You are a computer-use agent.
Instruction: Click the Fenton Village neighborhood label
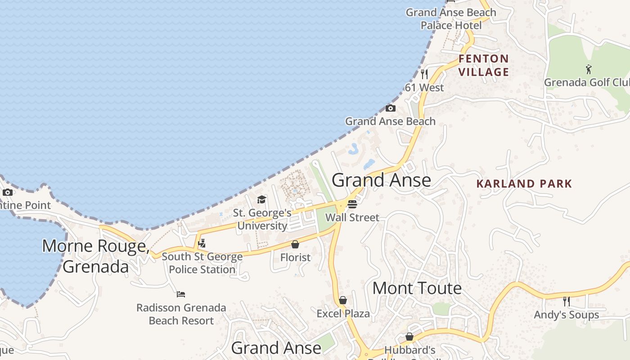pyautogui.click(x=484, y=65)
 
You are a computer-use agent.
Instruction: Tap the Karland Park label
pyautogui.click(x=524, y=184)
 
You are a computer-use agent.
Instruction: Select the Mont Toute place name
pyautogui.click(x=417, y=288)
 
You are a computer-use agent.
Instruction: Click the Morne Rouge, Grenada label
pyautogui.click(x=96, y=256)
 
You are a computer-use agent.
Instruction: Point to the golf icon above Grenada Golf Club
pyautogui.click(x=589, y=69)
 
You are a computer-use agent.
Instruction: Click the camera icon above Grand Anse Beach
pyautogui.click(x=391, y=108)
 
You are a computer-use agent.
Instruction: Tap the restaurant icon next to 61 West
pyautogui.click(x=424, y=74)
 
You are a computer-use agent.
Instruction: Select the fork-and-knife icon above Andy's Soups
pyautogui.click(x=566, y=301)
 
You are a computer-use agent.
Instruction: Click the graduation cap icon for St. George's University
pyautogui.click(x=261, y=199)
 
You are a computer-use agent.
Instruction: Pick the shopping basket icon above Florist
pyautogui.click(x=295, y=244)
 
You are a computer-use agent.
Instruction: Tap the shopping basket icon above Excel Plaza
pyautogui.click(x=343, y=300)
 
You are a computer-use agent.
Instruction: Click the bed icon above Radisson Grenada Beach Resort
pyautogui.click(x=181, y=294)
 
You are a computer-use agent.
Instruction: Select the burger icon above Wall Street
pyautogui.click(x=352, y=204)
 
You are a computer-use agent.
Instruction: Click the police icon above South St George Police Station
pyautogui.click(x=202, y=243)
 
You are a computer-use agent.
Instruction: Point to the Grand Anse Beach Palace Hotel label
pyautogui.click(x=451, y=19)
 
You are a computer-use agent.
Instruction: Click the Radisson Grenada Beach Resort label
pyautogui.click(x=181, y=314)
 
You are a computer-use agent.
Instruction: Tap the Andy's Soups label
pyautogui.click(x=566, y=315)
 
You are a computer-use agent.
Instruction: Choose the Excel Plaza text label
pyautogui.click(x=343, y=313)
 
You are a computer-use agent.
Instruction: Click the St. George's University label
pyautogui.click(x=262, y=219)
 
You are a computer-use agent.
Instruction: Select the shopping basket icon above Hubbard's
pyautogui.click(x=409, y=337)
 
